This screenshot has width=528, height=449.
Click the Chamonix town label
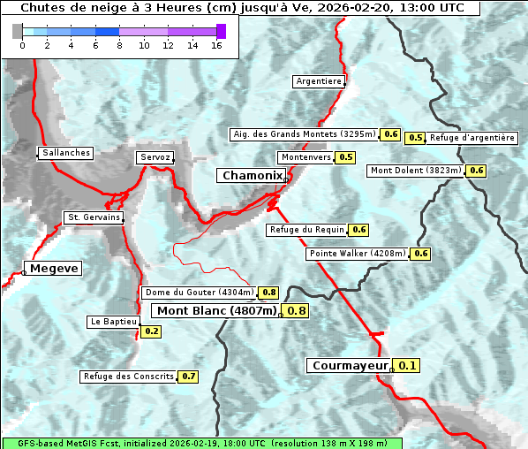pos(253,176)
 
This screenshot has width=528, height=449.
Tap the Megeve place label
pos(54,269)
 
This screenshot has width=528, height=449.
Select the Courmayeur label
pos(351,365)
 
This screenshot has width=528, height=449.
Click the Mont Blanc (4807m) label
pos(216,310)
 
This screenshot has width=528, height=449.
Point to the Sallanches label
pos(66,153)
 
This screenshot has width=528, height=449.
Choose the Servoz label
pos(155,157)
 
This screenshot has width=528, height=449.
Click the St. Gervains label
pos(94,217)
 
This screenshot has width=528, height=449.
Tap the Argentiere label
pos(319,81)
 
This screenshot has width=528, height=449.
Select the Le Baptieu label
pos(113,322)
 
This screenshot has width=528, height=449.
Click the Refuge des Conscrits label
pos(129,377)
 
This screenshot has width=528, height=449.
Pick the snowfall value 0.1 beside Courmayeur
pos(408,365)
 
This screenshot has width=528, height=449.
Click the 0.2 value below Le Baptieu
pos(152,331)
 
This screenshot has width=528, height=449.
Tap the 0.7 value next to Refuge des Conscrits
pos(188,377)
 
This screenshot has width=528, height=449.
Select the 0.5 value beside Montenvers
pos(346,157)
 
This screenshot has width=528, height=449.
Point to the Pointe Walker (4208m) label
pos(358,254)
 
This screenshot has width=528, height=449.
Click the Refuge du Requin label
pos(306,230)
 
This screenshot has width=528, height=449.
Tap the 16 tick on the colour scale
pos(216,45)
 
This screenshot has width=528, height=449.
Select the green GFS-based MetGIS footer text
pos(201,443)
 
